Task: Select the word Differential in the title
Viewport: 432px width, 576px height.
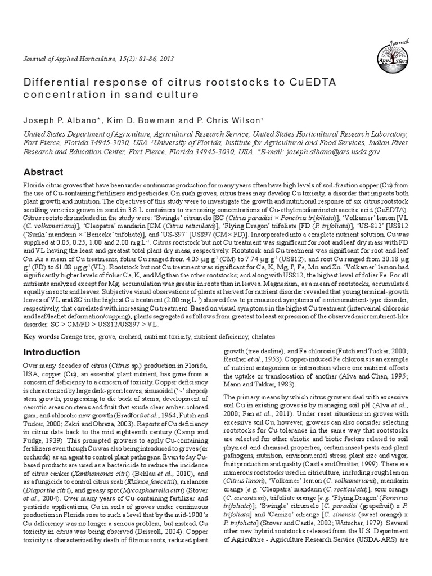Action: [x=51, y=83]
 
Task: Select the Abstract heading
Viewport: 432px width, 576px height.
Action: [x=42, y=172]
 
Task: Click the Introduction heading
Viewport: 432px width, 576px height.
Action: [x=51, y=352]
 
